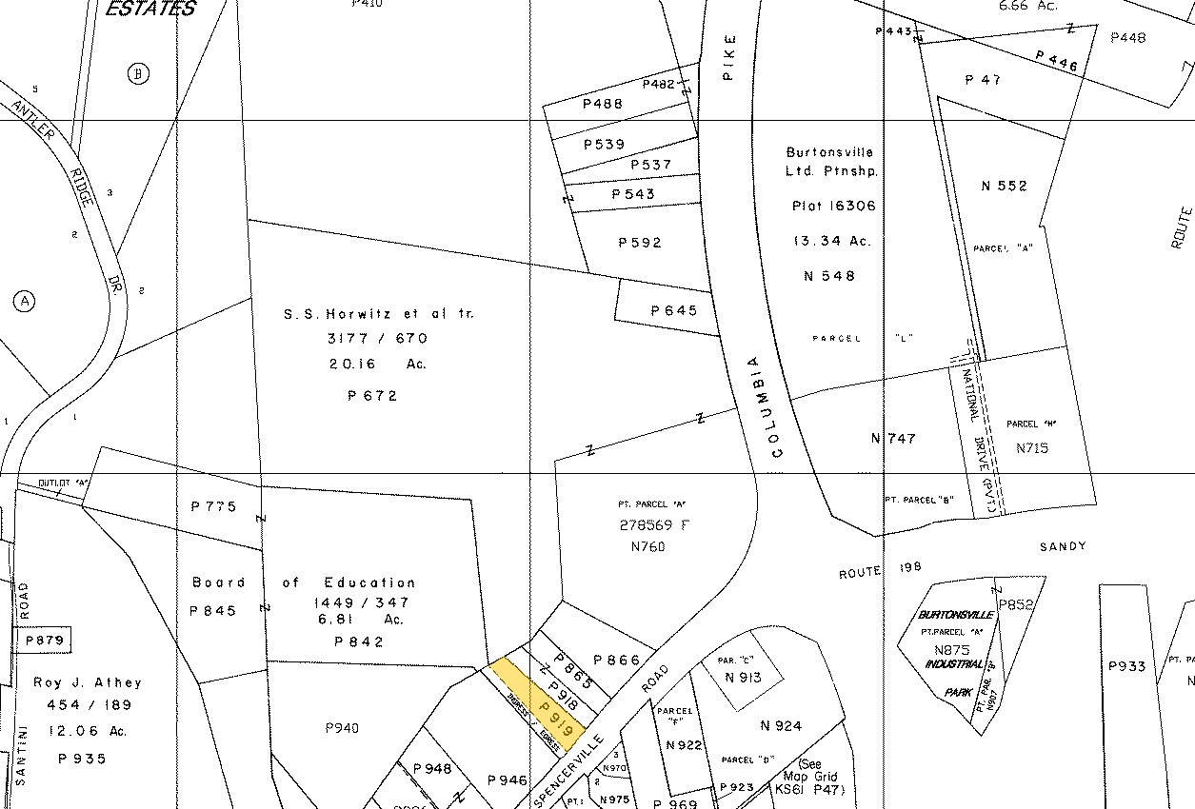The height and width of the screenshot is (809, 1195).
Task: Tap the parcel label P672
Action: click(372, 396)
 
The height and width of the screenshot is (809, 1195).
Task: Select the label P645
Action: click(674, 311)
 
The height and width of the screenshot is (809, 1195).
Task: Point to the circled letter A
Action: click(25, 302)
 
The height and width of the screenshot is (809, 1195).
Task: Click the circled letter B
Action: click(139, 74)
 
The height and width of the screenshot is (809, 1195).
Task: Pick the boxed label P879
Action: click(45, 641)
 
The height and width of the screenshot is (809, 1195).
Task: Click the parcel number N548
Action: click(829, 276)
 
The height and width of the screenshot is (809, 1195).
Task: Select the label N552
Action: click(1005, 186)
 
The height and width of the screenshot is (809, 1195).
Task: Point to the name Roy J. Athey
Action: click(88, 682)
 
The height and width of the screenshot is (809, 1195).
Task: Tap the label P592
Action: click(640, 243)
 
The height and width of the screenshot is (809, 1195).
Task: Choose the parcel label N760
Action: click(647, 546)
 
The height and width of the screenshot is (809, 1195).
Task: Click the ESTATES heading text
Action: click(149, 10)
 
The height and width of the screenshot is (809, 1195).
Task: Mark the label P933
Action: click(1127, 666)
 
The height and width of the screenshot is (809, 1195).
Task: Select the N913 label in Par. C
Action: click(743, 679)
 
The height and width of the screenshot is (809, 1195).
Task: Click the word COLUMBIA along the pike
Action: click(765, 407)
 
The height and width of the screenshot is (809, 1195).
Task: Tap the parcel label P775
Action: click(213, 506)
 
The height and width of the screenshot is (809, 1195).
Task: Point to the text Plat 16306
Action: click(833, 206)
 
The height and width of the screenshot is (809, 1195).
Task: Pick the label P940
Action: click(342, 728)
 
